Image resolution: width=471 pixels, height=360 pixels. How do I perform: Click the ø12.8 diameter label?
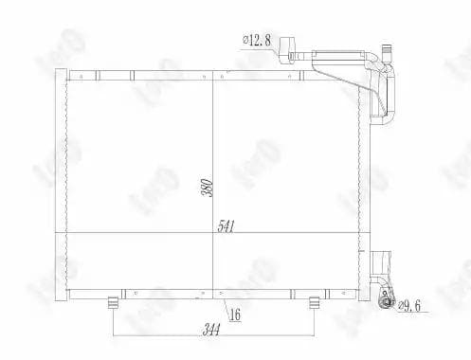pos(257,40)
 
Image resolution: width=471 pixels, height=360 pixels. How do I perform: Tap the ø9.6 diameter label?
pos(409,306)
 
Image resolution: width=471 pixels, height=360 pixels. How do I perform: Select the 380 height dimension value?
pos(208,188)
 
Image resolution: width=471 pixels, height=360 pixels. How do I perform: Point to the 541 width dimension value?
pos(226,226)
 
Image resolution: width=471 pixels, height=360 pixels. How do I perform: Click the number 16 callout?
pos(235,315)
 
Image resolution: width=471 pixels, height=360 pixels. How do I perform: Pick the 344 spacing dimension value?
pos(211,331)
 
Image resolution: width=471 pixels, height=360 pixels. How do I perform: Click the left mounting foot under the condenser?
pos(113,302)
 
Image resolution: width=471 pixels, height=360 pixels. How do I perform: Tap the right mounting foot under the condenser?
pos(314,302)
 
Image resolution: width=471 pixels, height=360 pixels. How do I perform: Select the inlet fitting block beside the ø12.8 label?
pos(287,50)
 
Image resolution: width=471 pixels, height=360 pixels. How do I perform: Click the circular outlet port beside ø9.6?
pos(387,302)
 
